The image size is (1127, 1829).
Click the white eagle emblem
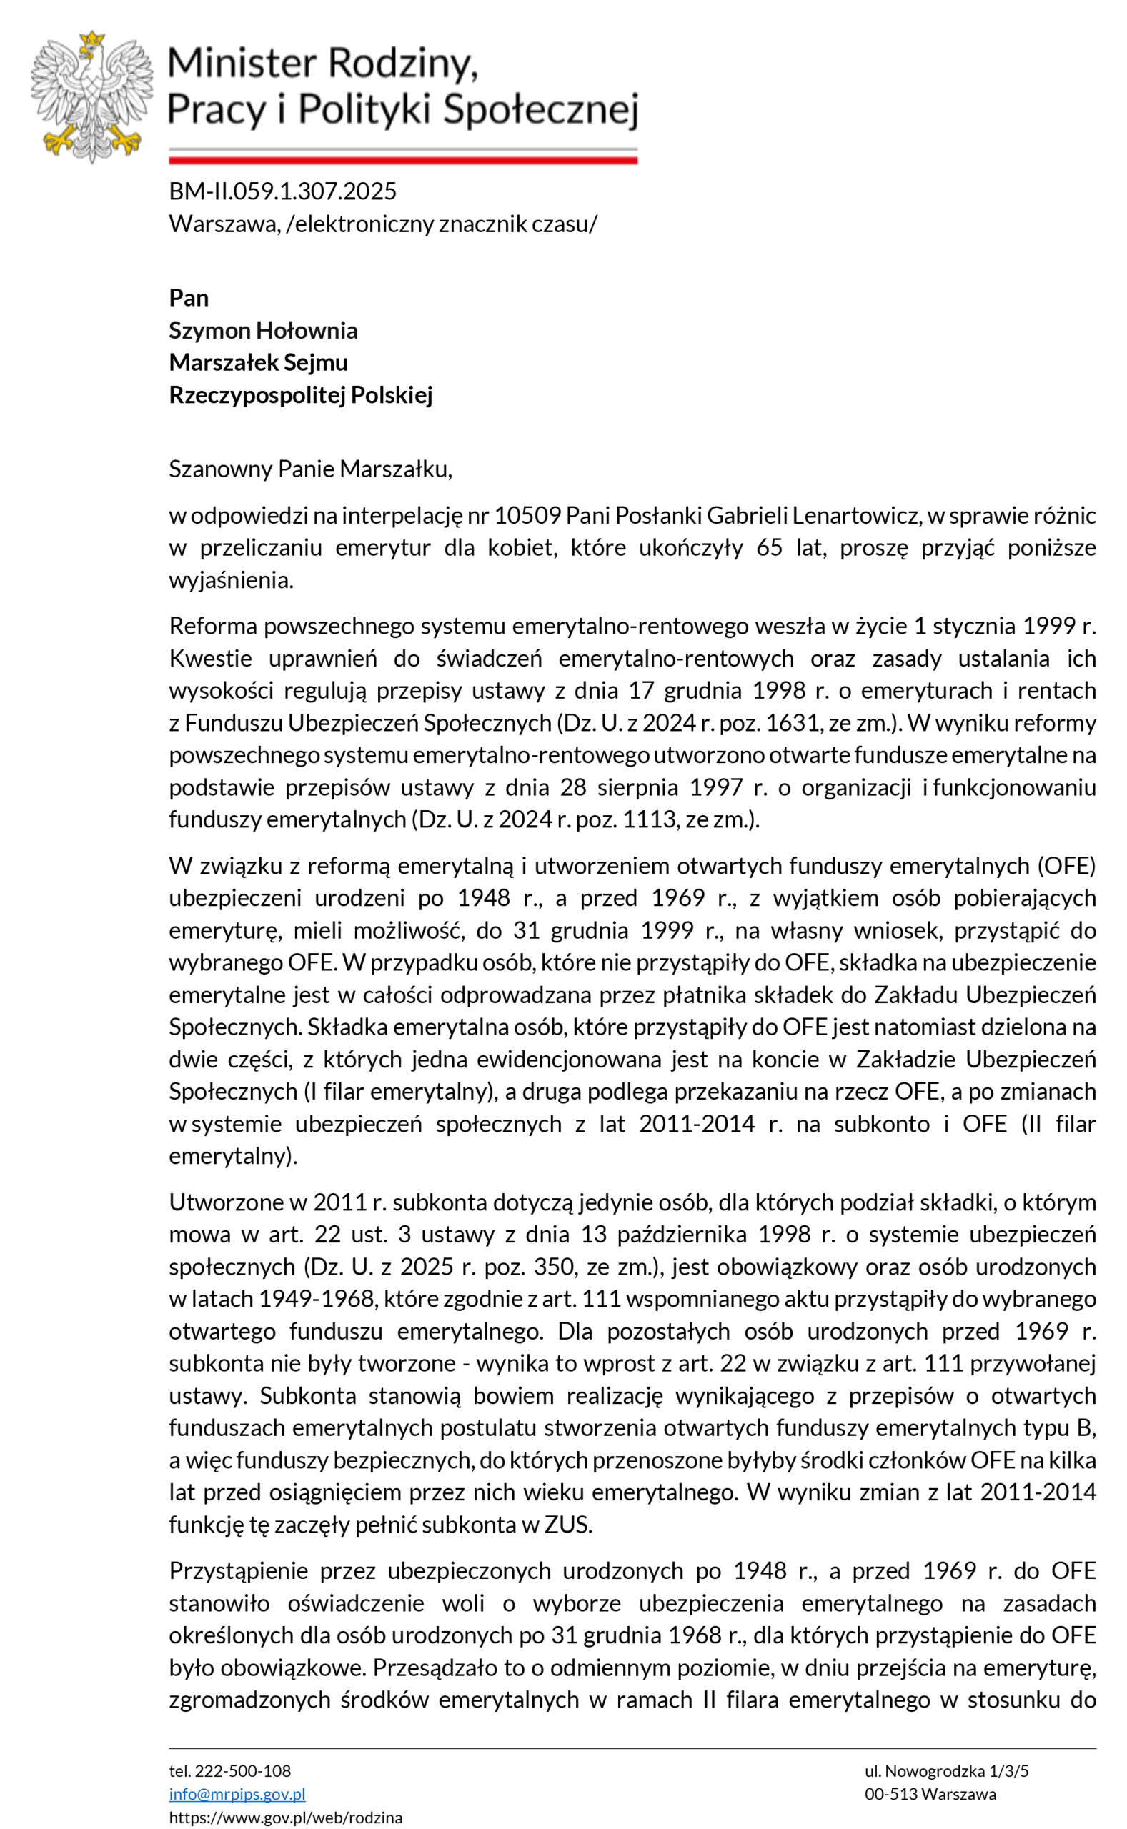[91, 97]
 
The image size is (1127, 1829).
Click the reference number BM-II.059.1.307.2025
[282, 191]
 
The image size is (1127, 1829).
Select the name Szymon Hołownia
[263, 330]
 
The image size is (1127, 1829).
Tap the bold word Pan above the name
[189, 298]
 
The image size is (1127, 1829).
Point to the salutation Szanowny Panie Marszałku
[310, 469]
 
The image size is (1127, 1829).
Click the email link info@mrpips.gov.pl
[237, 1794]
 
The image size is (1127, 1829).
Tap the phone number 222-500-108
[242, 1771]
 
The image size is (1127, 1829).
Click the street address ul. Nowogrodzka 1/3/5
[947, 1771]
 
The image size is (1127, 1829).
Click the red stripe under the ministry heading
[402, 160]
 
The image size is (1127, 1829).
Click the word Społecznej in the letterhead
[540, 110]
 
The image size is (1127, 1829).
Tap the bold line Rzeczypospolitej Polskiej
[300, 394]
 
